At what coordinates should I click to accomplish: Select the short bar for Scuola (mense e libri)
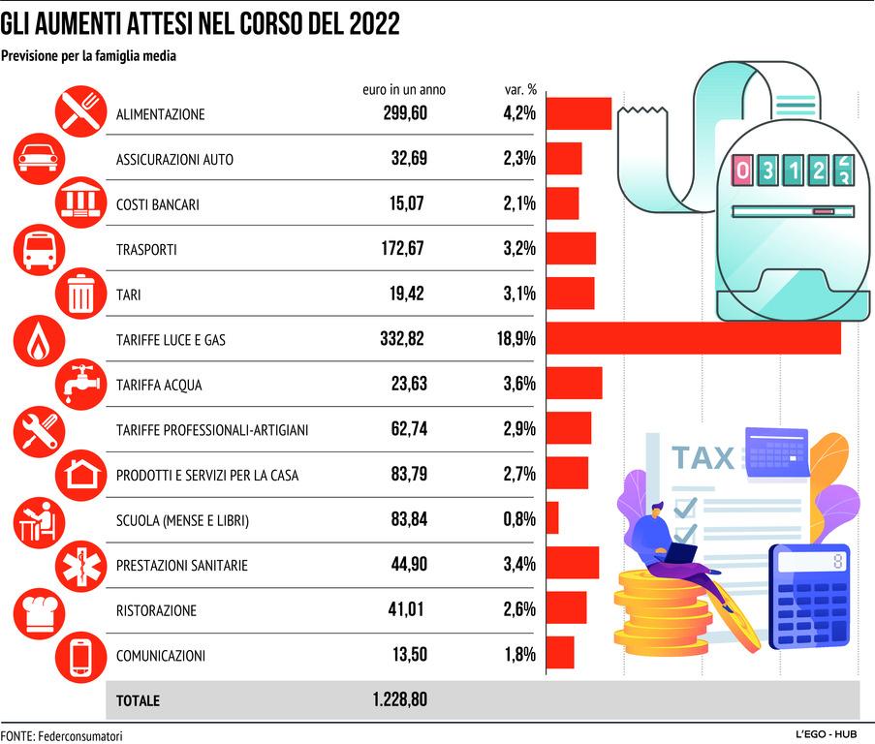pyautogui.click(x=553, y=518)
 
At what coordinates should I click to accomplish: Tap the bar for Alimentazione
pyautogui.click(x=579, y=113)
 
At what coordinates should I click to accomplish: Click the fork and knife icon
pyautogui.click(x=81, y=111)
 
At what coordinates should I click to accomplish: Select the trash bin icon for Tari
pyautogui.click(x=81, y=294)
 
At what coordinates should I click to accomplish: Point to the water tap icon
pyautogui.click(x=81, y=384)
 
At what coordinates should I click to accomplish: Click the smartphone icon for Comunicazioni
pyautogui.click(x=81, y=656)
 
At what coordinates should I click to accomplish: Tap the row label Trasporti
pyautogui.click(x=146, y=249)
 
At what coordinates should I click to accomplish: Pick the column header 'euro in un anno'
pyautogui.click(x=404, y=89)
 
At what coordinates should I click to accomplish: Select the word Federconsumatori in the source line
pyautogui.click(x=81, y=736)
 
